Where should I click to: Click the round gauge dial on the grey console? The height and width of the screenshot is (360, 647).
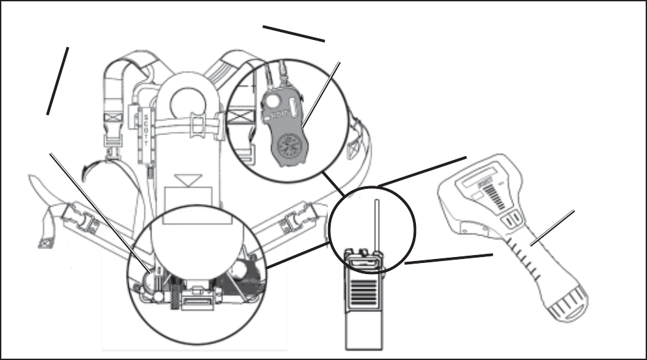coord(289,148)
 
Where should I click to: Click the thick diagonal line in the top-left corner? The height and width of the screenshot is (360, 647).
coord(58,81)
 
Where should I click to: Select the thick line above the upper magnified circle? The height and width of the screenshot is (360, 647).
coord(293,33)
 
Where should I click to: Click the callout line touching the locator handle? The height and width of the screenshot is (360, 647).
coord(553,227)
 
